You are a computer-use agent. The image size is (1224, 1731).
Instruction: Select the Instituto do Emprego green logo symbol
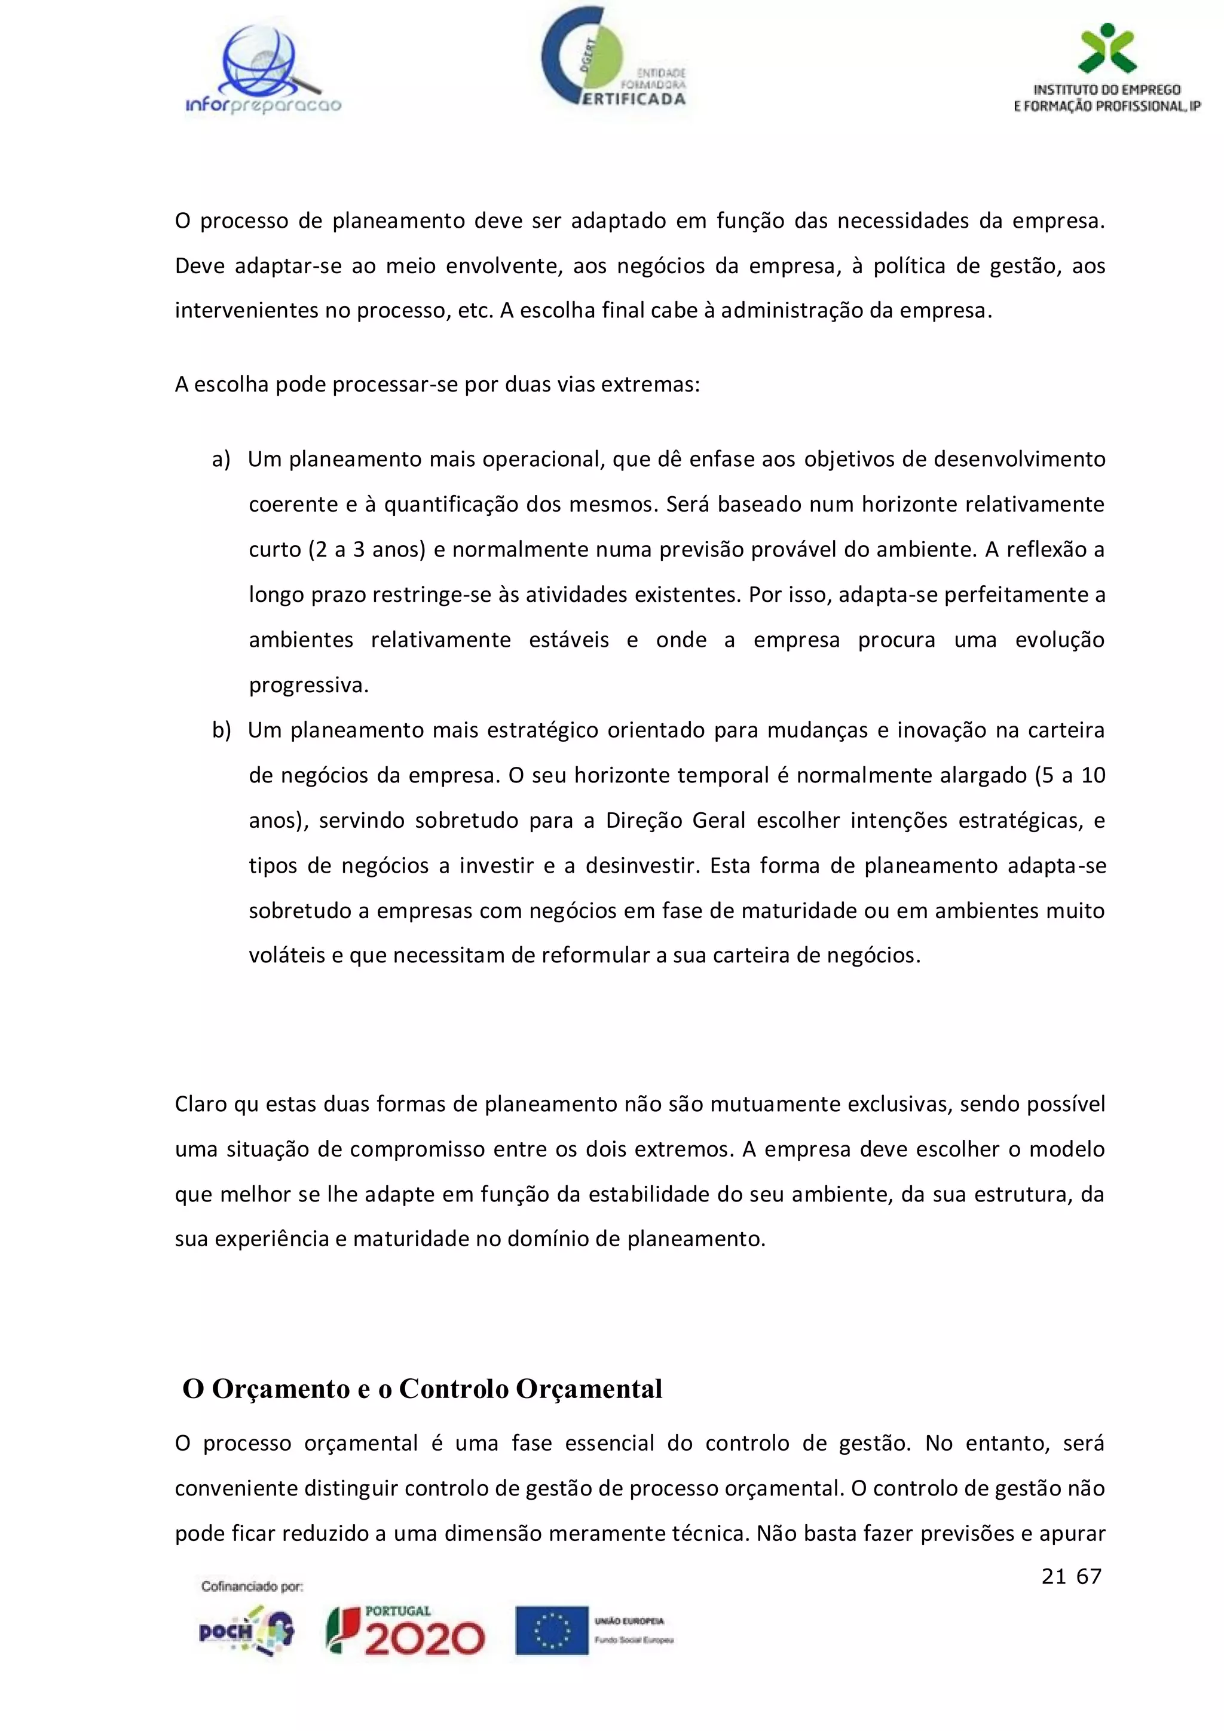(x=1106, y=47)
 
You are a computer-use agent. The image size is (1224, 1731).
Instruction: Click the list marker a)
(x=221, y=459)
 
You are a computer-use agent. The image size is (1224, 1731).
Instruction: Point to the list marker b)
(x=221, y=730)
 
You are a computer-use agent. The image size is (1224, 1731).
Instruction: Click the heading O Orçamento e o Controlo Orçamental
(x=422, y=1389)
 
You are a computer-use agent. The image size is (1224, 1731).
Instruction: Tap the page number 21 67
(x=1071, y=1576)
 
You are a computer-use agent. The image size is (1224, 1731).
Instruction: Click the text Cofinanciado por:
(x=252, y=1587)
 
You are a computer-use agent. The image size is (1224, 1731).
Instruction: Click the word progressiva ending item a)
(x=308, y=686)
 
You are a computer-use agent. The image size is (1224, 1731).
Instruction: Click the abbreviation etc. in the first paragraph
(x=474, y=311)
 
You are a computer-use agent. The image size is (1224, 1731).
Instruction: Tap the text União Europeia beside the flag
(x=629, y=1620)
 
